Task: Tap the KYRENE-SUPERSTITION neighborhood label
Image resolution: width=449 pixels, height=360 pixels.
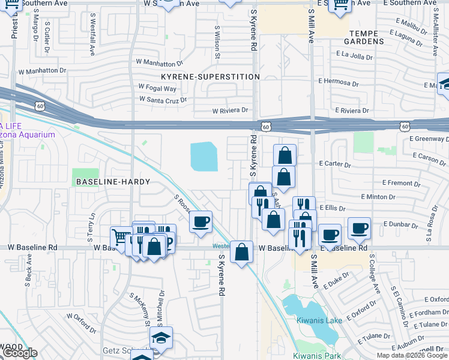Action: tap(210, 77)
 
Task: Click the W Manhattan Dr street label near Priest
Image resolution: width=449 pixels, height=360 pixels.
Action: tap(41, 71)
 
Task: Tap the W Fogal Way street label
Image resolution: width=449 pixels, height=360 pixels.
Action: tap(157, 87)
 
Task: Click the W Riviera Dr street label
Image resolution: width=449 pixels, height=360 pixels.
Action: tap(230, 110)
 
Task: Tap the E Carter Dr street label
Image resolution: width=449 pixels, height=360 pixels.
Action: tap(334, 163)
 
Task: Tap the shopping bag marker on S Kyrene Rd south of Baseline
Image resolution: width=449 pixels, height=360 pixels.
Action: tap(241, 252)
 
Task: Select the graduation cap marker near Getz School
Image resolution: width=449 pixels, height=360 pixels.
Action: tap(161, 337)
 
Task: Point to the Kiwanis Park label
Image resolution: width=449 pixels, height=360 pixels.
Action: tap(312, 355)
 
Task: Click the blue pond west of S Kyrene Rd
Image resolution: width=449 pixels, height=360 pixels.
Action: tap(204, 157)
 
